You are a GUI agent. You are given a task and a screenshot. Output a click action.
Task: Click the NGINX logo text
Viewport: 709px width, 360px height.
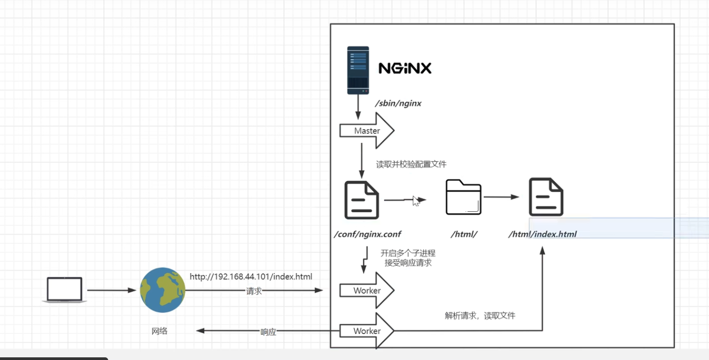405,68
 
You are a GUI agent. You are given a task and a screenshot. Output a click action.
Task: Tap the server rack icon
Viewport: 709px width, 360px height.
358,70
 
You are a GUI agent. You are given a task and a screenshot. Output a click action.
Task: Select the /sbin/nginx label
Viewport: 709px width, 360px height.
398,103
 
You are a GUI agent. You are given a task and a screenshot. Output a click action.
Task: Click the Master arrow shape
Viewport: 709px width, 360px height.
367,131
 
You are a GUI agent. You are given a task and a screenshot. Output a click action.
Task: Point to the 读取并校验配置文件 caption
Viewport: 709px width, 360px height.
411,164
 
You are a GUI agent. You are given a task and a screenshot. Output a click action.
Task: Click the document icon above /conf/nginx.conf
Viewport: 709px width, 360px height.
361,200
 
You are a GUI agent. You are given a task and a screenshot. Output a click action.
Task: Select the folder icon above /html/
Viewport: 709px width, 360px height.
463,197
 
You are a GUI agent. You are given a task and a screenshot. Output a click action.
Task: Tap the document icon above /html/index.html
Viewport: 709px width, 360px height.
546,197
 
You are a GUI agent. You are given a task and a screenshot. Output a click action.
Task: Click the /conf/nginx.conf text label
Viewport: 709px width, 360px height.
367,234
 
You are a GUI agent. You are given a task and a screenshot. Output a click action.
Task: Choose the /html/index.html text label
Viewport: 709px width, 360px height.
542,234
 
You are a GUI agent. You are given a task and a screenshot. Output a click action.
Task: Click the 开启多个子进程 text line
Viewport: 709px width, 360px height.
408,253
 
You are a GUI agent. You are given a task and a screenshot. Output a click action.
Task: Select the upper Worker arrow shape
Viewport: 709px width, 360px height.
367,290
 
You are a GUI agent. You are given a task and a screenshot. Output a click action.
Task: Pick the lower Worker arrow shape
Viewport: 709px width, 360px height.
367,331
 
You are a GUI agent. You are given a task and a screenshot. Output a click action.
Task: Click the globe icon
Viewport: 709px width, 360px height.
163,290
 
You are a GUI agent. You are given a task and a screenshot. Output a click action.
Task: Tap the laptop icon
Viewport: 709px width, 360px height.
65,290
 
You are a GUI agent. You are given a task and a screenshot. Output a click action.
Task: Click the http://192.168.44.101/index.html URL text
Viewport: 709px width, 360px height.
251,277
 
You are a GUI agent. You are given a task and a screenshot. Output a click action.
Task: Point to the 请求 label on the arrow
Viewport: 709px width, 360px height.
254,291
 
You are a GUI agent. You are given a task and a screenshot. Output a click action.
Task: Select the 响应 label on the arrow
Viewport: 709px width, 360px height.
268,332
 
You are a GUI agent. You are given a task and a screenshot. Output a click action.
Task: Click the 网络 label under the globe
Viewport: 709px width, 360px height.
159,331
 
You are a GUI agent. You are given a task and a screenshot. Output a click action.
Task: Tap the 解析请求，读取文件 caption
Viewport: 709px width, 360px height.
480,316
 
